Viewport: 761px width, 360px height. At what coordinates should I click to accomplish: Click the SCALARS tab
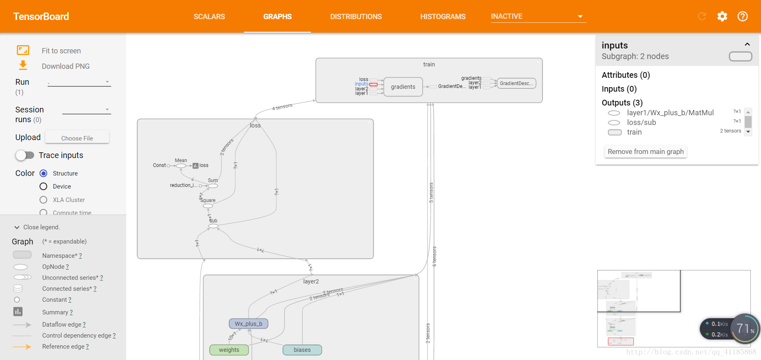pos(209,17)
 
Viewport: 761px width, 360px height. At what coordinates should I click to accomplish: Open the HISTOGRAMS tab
pos(443,17)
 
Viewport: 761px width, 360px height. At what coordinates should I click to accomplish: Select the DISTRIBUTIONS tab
pos(356,17)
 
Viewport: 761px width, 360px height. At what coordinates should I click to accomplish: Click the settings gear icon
pos(722,16)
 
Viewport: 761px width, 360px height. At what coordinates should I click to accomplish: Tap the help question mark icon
pos(743,16)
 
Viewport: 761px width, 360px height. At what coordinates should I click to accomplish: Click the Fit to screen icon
pos(23,50)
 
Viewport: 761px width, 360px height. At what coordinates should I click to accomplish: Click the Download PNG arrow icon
pos(23,65)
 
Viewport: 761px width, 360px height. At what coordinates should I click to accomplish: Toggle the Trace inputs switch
pos(25,155)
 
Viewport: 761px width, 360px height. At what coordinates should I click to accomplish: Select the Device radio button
pos(44,187)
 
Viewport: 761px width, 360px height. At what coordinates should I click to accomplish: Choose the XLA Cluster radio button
pos(44,200)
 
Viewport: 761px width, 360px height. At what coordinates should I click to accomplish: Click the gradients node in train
pos(403,87)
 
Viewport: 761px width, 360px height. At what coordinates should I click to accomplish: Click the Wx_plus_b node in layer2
pos(248,324)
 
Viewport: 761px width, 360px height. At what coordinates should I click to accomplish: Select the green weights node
pos(229,350)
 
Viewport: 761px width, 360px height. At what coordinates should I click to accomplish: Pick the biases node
pos(302,350)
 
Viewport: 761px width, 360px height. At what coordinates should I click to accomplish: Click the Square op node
pos(208,206)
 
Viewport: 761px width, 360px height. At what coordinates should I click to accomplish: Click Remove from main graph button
pos(645,151)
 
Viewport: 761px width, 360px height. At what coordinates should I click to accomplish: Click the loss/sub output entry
pos(641,123)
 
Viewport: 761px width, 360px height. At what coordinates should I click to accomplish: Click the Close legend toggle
pos(37,227)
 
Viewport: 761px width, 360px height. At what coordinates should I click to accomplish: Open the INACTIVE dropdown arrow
pos(580,17)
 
